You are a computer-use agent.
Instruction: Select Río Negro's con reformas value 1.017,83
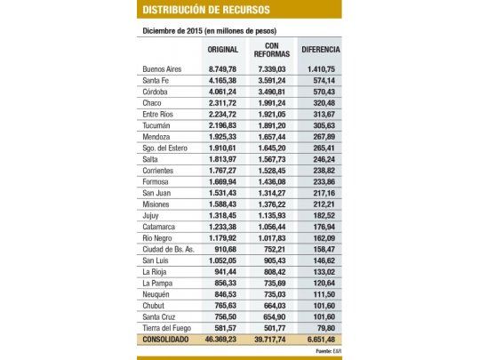(x=269, y=238)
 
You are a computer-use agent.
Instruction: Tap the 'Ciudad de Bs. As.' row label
(x=169, y=249)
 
